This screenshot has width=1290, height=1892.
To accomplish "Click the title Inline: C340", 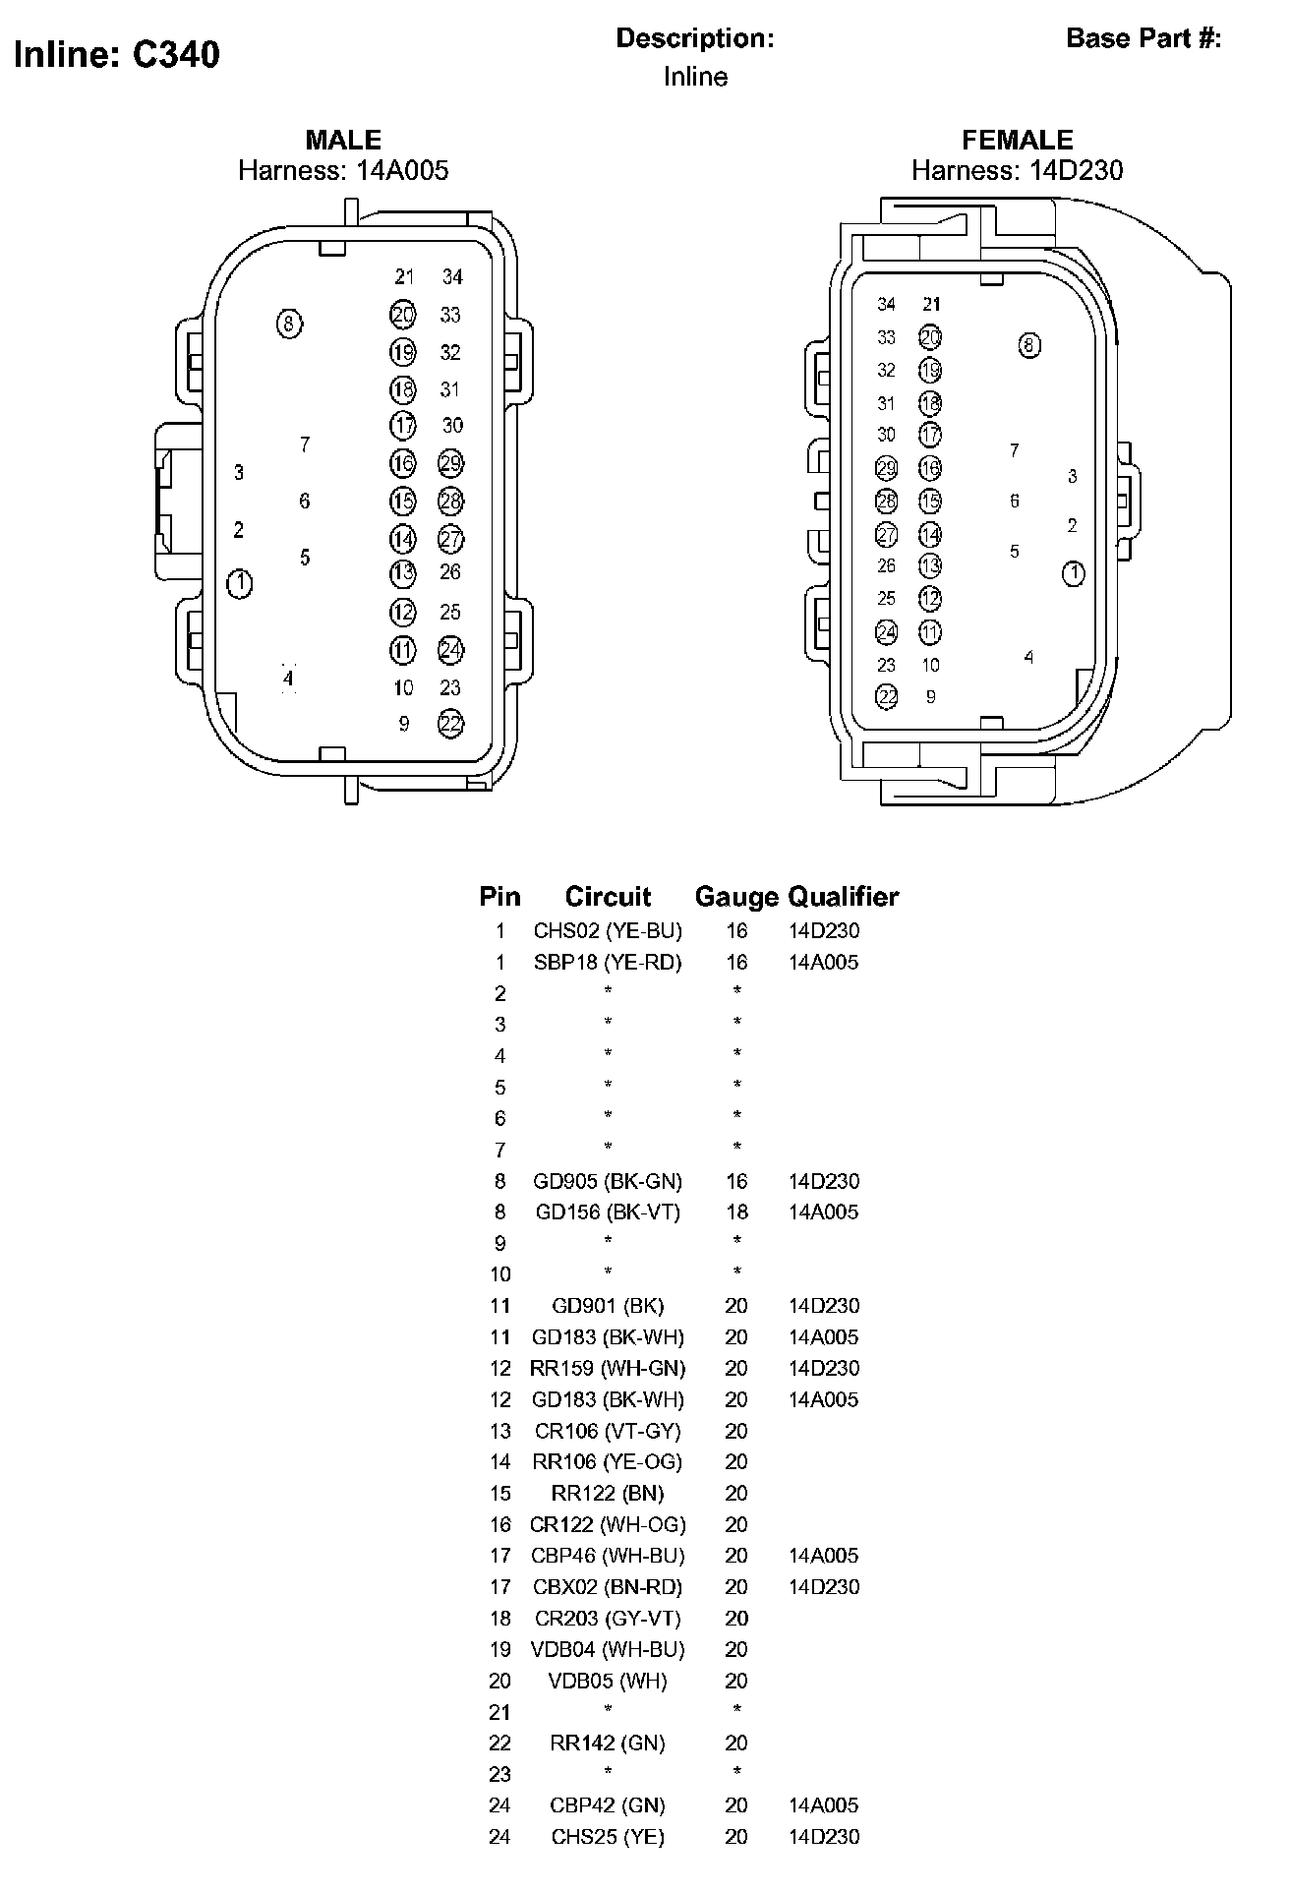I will click(x=117, y=55).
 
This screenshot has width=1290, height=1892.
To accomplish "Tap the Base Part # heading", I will click(x=1143, y=38).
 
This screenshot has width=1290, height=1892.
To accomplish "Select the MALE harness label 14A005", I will click(x=343, y=171).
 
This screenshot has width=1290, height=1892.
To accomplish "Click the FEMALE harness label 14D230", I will click(x=1017, y=171).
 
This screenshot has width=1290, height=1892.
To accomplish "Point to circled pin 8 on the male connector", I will click(x=289, y=324).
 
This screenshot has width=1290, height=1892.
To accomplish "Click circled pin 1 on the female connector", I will click(x=1074, y=573).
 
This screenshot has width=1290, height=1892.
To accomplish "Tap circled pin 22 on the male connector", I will click(x=450, y=724).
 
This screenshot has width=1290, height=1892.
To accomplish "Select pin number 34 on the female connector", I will click(x=887, y=304).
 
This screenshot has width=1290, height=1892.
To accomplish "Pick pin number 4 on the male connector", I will click(x=288, y=679).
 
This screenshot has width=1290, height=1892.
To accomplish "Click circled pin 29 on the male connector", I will click(x=450, y=463).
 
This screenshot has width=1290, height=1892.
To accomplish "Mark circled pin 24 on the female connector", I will click(x=887, y=632).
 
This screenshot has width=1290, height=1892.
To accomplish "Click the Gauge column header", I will click(x=736, y=897).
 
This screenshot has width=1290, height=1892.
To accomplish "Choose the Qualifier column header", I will click(x=844, y=897).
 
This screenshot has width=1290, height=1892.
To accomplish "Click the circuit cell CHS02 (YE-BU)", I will click(x=608, y=931).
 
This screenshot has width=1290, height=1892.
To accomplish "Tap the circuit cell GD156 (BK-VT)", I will click(x=608, y=1212).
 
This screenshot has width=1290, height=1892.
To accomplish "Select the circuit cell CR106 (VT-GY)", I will click(x=608, y=1431).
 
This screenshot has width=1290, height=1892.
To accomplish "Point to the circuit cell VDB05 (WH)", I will click(x=608, y=1681).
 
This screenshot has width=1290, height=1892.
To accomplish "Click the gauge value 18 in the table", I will click(x=736, y=1212).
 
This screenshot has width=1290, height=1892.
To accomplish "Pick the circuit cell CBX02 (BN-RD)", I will click(x=608, y=1587).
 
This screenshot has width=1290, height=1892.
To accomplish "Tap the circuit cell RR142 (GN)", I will click(x=608, y=1744).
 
